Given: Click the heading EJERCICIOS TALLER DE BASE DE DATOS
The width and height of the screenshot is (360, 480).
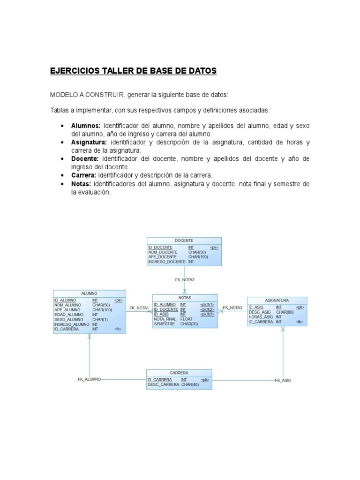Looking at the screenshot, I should (134, 71).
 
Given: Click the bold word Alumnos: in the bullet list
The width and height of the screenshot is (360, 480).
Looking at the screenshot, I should (86, 126).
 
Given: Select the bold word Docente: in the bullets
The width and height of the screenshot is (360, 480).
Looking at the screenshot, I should (84, 159).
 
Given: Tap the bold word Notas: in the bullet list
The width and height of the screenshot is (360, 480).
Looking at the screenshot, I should (82, 184).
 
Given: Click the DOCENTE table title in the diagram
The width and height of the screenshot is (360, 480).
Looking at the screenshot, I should (184, 240).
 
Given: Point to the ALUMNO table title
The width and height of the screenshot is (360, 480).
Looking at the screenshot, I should (89, 293).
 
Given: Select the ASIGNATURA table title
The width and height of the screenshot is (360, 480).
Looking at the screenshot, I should (277, 300).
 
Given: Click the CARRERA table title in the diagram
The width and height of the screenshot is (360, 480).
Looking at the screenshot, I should (179, 373).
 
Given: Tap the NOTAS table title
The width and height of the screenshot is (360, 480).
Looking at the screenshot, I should (185, 298).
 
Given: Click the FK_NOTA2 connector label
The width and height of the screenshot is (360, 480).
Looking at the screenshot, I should (185, 280).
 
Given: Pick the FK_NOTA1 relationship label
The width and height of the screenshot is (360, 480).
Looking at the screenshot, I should (139, 308).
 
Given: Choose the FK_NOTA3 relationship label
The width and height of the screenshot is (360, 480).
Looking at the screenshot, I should (232, 308).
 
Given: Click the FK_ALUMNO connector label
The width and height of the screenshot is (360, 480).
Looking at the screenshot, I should (89, 379).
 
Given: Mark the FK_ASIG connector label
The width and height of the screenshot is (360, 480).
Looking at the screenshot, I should (283, 381).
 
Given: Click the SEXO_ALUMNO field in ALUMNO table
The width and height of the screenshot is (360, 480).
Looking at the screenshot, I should (68, 319).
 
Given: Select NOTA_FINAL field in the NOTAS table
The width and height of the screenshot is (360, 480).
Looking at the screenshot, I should (165, 319).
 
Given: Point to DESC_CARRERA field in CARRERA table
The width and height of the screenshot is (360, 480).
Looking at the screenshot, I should (163, 385).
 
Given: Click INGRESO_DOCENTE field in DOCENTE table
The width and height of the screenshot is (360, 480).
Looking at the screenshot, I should (166, 262).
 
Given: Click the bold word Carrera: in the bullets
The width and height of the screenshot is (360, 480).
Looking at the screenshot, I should (83, 175).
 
